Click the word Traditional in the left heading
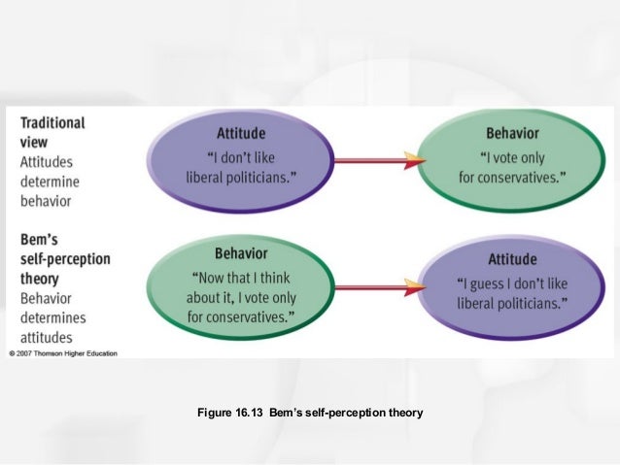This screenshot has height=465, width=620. click(52, 123)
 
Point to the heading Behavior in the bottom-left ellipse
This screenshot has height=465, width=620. click(241, 253)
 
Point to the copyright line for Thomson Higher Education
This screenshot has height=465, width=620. click(63, 353)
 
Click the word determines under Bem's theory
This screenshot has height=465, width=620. click(53, 316)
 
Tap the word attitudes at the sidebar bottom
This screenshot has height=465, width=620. click(47, 336)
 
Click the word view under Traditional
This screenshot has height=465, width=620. click(35, 143)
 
